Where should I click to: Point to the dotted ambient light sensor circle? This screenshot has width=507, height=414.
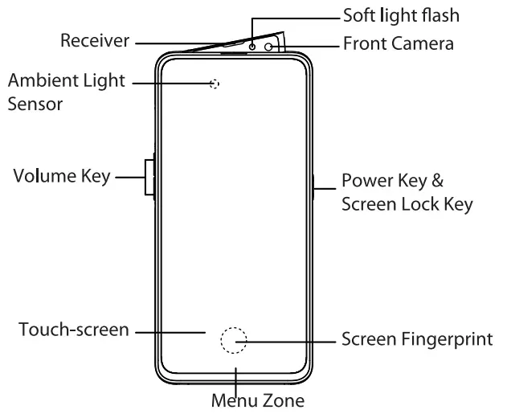click(214, 83)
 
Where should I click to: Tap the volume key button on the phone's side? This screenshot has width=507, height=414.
click(149, 176)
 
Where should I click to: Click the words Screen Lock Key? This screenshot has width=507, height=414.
click(406, 203)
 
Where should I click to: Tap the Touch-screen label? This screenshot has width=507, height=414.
click(72, 330)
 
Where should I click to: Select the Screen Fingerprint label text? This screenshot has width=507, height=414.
click(417, 339)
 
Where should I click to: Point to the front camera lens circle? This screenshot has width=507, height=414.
click(268, 47)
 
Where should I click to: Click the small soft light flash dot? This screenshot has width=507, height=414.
click(252, 47)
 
